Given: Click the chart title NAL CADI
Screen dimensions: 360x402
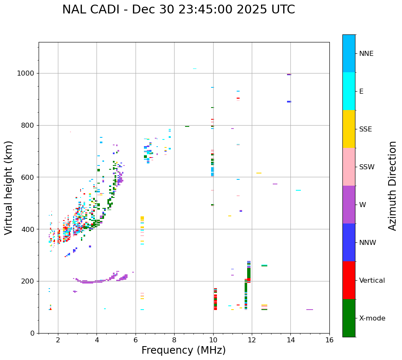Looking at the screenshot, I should coord(178,10).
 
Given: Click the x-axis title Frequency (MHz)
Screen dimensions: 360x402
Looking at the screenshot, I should coord(183,350).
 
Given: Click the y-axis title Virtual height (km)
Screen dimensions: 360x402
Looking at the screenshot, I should coord(9,188).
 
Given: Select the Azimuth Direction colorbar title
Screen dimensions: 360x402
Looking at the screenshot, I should coord(392,186).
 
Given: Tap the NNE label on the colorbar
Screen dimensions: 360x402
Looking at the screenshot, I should coord(366,54).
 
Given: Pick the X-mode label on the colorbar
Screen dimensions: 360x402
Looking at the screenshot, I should coord(372,318).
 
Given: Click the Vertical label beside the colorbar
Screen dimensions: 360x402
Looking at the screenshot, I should coord(372,281).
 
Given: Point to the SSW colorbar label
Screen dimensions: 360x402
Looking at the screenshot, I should coord(367,167).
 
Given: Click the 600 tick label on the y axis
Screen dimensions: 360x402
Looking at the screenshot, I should coord(29,177).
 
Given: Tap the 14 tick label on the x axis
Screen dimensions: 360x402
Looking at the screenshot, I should coord(290,340).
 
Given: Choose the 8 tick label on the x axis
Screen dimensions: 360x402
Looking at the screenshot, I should coord(174,340).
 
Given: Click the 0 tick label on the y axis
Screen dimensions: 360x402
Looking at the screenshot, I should coord(32,333).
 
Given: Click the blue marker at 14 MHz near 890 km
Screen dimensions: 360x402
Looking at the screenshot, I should coord(289,102).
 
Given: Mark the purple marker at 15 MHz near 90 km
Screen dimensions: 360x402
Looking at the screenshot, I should coord(310,310).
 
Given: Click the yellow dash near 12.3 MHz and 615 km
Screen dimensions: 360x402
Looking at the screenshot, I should coord(259,173).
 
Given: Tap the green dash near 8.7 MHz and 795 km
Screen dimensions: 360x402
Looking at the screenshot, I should coord(187,126).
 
